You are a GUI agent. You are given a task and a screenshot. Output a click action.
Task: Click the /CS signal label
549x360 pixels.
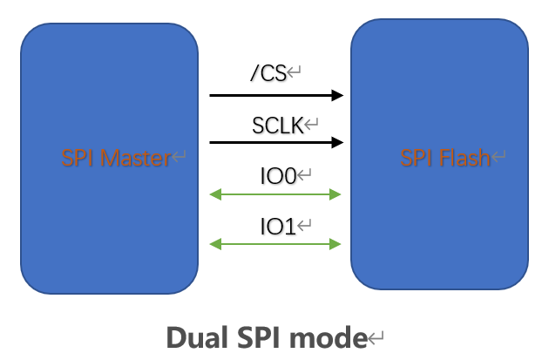click(268, 74)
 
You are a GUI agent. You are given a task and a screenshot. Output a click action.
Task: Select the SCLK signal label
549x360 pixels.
click(277, 125)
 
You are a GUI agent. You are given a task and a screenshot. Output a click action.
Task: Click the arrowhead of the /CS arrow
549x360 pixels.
click(338, 95)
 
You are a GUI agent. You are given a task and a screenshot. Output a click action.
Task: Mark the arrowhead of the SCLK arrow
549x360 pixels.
click(338, 143)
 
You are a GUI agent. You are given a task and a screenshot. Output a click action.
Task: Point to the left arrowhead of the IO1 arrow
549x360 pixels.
click(215, 245)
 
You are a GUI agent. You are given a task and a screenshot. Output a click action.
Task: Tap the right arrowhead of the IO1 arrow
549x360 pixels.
click(336, 245)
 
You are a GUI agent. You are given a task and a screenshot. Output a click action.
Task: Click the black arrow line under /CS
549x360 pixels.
click(270, 95)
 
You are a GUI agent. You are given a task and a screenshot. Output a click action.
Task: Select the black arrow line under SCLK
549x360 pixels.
click(270, 143)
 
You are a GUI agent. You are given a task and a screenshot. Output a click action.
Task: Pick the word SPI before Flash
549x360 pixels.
click(417, 158)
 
